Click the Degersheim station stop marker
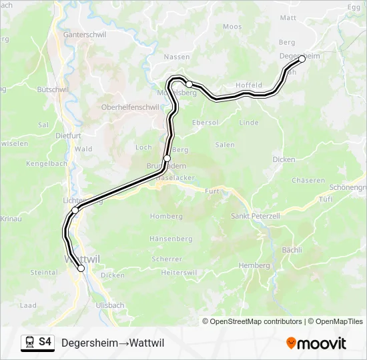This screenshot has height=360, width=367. [x=302, y=59]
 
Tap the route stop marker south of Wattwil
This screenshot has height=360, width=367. [x=81, y=269]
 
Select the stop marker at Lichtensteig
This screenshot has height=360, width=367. [x=75, y=210]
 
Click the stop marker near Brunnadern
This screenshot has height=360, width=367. [x=167, y=158]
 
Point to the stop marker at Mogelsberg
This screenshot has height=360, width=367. [x=190, y=84]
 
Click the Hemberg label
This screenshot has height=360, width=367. [x=254, y=265]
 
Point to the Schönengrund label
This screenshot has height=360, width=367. [x=347, y=187]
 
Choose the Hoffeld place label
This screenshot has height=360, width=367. [x=249, y=85]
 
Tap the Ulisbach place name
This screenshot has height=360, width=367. [x=110, y=305]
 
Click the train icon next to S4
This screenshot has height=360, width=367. [x=29, y=342]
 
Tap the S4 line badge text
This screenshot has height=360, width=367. [x=45, y=342]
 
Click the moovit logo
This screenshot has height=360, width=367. [x=316, y=343]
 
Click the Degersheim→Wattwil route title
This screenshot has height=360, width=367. [x=113, y=343]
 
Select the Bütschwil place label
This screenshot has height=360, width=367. [x=53, y=89]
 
